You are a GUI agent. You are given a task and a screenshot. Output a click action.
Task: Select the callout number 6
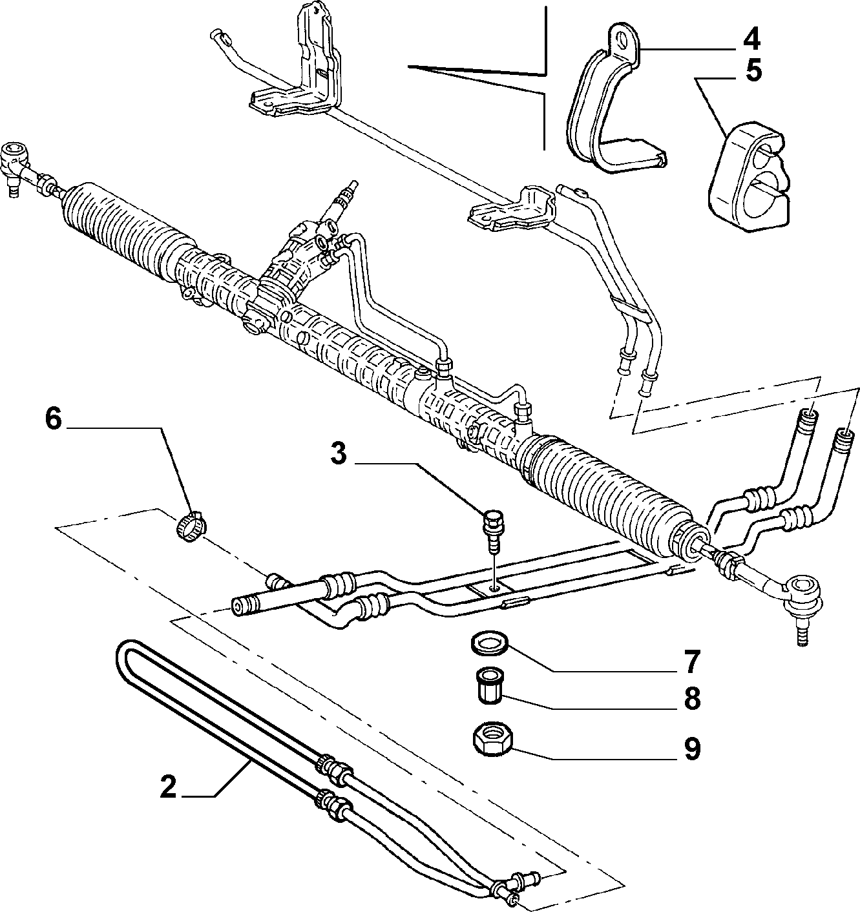[x=53, y=419]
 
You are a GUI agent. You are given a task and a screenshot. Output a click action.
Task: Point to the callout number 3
[x=339, y=455]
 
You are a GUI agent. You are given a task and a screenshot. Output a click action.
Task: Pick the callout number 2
[x=168, y=788]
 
